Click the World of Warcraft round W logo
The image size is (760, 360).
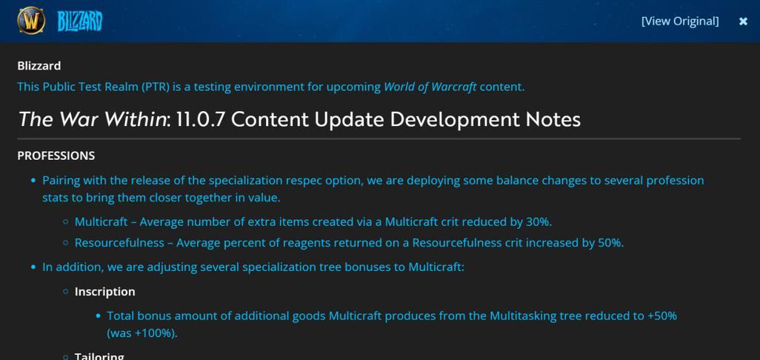tap(31, 21)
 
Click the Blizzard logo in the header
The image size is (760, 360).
tap(80, 21)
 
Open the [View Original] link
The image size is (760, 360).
tap(680, 21)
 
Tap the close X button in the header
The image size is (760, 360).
tap(743, 21)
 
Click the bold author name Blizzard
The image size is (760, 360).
tap(39, 65)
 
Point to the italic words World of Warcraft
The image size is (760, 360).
tap(430, 87)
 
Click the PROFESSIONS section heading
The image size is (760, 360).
tap(56, 156)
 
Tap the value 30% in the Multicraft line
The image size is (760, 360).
tap(538, 222)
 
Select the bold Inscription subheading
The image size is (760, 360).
tap(104, 292)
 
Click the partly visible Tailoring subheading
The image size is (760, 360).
tap(99, 356)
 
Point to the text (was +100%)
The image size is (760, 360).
tap(142, 333)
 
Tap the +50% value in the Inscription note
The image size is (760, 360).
tap(662, 316)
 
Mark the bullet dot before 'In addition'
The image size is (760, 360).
tap(33, 267)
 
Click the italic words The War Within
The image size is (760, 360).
tap(92, 119)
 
